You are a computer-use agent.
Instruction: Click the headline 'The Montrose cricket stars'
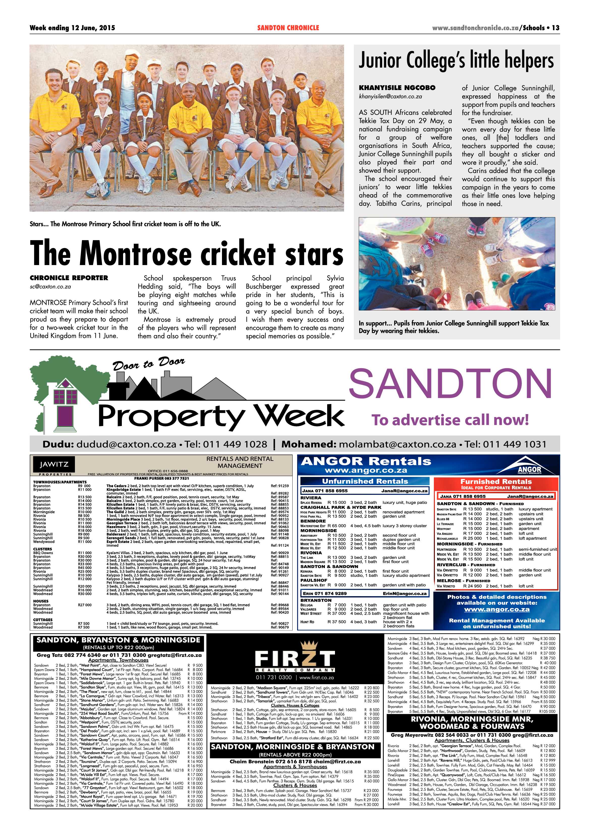point(186,253)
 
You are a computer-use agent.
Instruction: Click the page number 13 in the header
point(555,27)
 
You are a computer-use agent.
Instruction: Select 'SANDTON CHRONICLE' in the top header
point(288,27)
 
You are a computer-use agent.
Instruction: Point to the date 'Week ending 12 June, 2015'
point(72,27)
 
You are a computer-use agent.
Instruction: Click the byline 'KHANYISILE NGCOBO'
point(397,88)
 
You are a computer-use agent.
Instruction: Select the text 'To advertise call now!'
point(450,420)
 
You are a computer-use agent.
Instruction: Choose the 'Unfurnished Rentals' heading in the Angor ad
point(365,481)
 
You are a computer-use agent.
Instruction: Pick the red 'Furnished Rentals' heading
point(496,481)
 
